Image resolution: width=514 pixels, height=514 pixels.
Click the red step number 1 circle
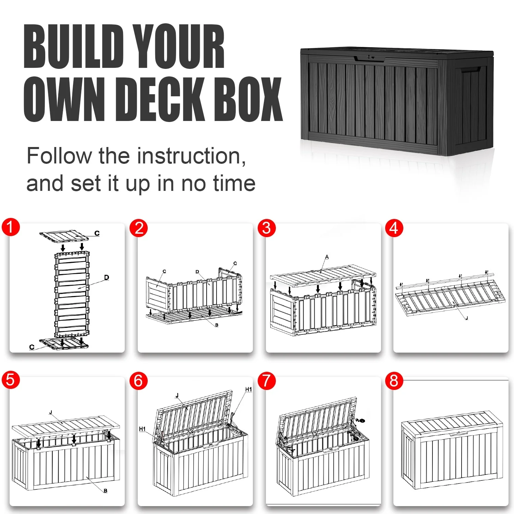coord(11,227)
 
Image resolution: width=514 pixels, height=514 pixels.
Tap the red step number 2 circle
coord(139,228)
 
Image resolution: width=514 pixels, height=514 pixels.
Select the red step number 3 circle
coord(267,228)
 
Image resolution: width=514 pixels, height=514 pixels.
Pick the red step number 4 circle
coord(394,228)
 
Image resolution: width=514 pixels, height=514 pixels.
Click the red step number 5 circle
coord(11,380)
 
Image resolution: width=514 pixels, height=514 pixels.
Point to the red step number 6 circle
coord(138,381)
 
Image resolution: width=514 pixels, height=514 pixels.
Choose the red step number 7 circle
coord(267,381)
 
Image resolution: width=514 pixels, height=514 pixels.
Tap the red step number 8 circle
coord(394,381)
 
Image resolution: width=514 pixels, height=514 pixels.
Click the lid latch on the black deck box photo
coord(370,58)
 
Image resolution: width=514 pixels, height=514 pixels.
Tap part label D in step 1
coord(107,277)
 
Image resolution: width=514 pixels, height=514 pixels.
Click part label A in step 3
coord(327,257)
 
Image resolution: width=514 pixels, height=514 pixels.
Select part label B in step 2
coord(217,325)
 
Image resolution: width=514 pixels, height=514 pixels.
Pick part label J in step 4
coord(466,318)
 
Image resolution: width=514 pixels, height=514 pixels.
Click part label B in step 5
coord(105,491)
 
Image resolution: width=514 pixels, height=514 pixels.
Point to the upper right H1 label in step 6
coord(248,389)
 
